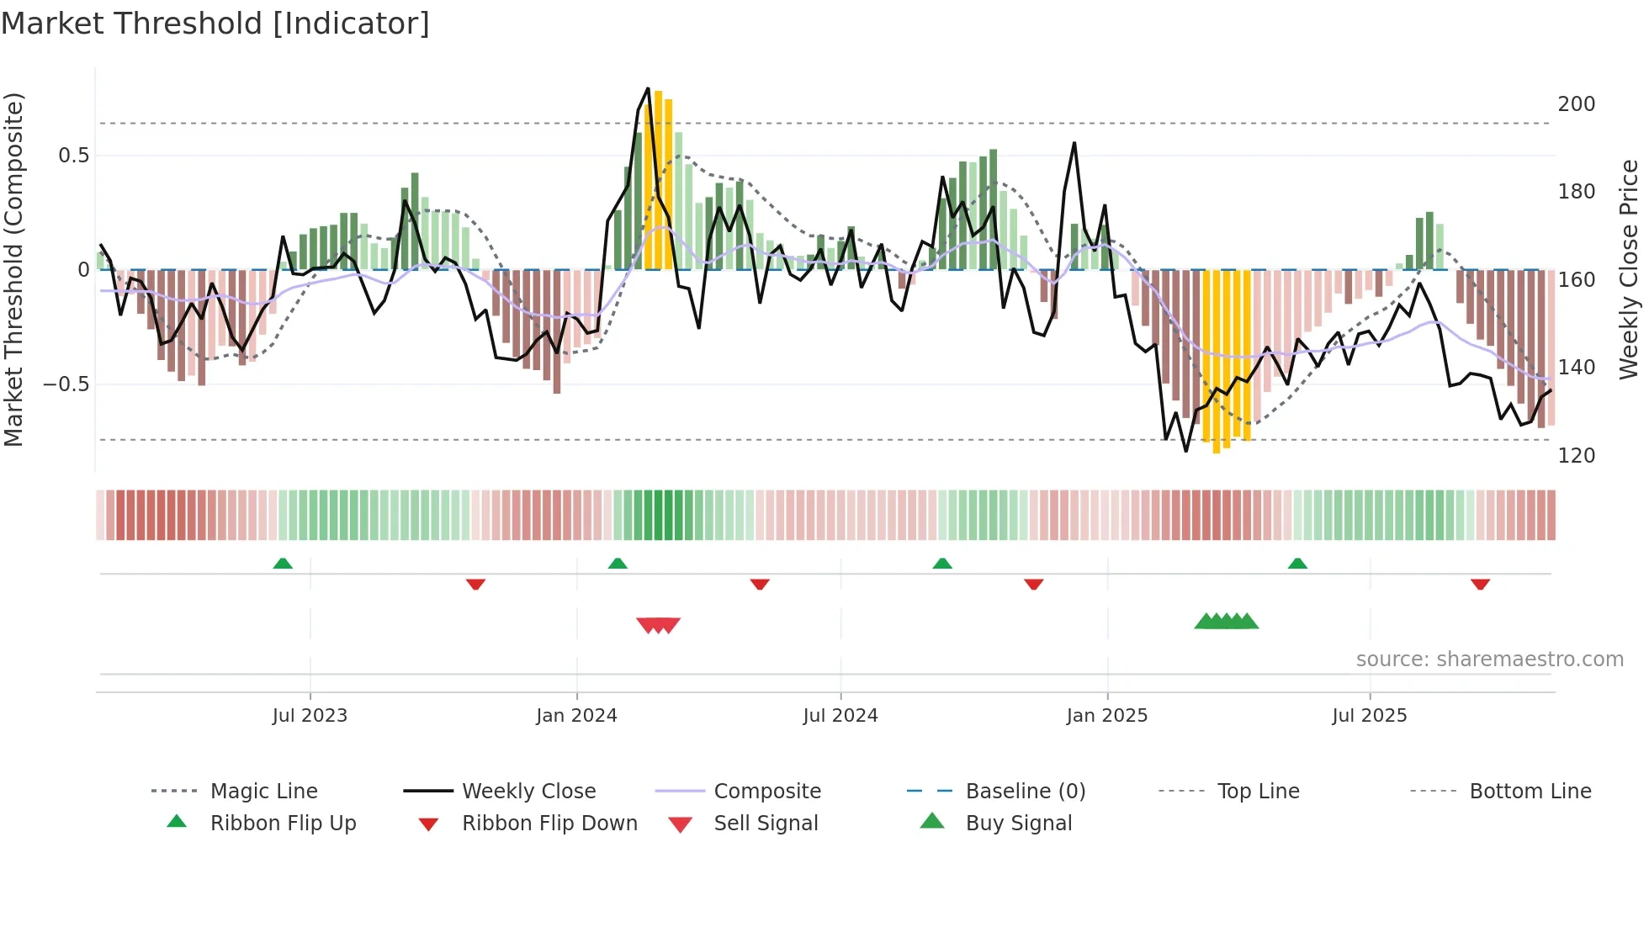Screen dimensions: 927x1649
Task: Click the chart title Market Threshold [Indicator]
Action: coord(215,24)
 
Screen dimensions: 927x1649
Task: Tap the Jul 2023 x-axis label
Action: coord(310,716)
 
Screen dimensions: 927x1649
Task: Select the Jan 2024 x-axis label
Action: coord(576,716)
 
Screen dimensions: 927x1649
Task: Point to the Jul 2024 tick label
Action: coord(840,716)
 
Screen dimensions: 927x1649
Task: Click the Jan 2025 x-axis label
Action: coord(1106,716)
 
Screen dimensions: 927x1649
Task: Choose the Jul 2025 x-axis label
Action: coord(1369,716)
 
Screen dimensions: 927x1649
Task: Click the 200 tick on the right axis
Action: coord(1576,104)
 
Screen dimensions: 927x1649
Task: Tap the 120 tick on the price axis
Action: coord(1576,456)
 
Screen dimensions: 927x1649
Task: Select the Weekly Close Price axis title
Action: coord(1629,269)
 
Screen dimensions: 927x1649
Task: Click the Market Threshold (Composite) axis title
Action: coord(13,269)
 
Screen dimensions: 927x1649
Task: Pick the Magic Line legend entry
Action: coord(263,792)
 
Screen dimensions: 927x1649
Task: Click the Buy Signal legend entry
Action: coord(1018,824)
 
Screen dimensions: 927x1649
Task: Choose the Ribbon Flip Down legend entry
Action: coord(549,824)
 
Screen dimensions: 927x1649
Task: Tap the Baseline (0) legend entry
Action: coord(1025,792)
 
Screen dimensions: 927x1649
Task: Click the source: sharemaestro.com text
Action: coord(1489,659)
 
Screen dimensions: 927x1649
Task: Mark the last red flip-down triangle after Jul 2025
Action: coord(1480,584)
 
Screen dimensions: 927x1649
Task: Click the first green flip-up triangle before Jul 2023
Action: coord(283,564)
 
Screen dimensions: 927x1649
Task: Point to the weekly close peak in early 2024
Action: coord(648,88)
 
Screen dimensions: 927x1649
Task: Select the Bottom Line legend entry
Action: coord(1530,792)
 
